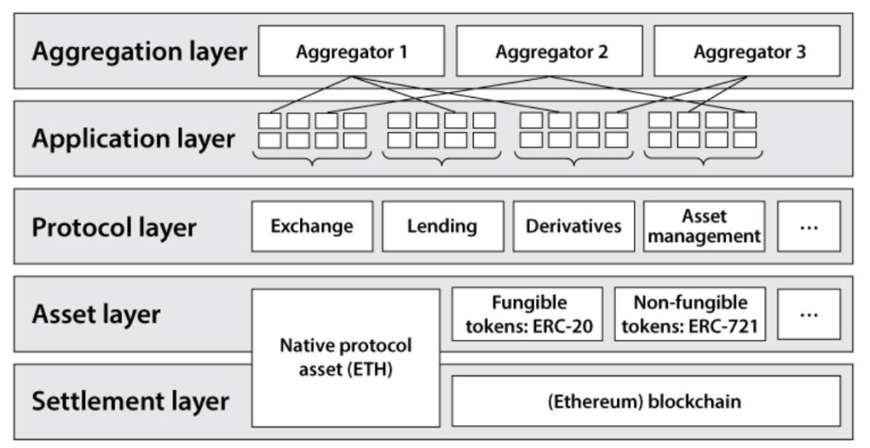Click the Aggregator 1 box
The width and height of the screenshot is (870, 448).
click(x=352, y=52)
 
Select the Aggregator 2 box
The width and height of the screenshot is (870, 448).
click(x=551, y=52)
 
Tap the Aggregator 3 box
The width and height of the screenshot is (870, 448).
click(x=749, y=52)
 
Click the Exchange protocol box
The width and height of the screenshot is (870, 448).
click(x=312, y=226)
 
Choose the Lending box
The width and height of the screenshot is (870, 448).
click(x=442, y=226)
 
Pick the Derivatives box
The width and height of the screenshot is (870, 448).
click(x=573, y=226)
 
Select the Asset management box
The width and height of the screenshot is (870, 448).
click(x=704, y=226)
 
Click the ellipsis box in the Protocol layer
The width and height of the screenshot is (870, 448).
click(x=808, y=226)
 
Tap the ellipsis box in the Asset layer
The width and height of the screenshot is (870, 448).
click(x=808, y=314)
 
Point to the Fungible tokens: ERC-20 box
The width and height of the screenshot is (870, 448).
click(x=528, y=314)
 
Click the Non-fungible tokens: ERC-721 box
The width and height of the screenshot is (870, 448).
click(x=690, y=314)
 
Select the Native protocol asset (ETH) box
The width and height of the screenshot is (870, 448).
click(x=346, y=357)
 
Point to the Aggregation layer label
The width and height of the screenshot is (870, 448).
click(x=139, y=51)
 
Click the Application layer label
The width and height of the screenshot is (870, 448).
click(x=133, y=139)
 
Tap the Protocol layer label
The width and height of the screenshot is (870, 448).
click(x=115, y=227)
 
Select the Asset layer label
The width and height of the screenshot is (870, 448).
click(x=96, y=314)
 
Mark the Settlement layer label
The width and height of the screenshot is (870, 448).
click(x=130, y=401)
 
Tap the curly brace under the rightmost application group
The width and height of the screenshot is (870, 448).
click(x=703, y=158)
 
